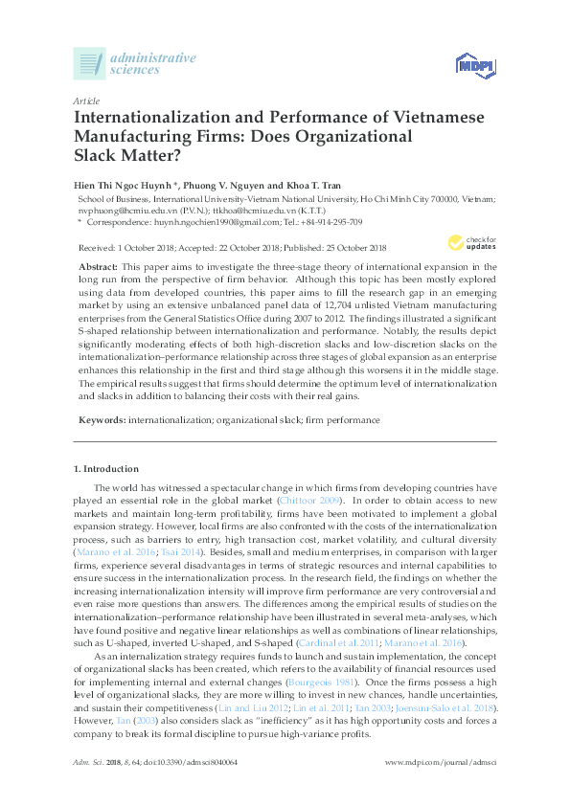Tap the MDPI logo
point(467,66)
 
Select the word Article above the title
point(85,101)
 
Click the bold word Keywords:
point(101,419)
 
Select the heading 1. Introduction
point(106,469)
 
